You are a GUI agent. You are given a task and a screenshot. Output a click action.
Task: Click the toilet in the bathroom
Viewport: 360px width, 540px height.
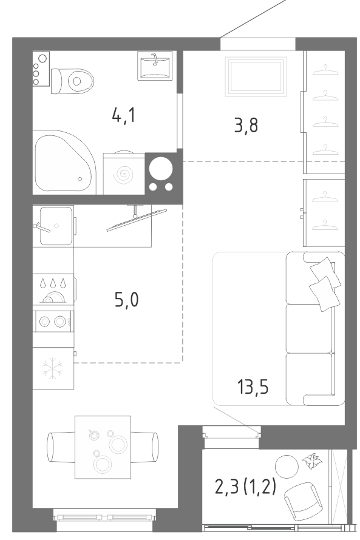pyautogui.click(x=72, y=81)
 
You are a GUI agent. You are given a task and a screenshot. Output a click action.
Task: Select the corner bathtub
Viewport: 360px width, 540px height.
pyautogui.click(x=63, y=162)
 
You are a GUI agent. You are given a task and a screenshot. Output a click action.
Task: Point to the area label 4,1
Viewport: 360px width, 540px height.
pyautogui.click(x=124, y=115)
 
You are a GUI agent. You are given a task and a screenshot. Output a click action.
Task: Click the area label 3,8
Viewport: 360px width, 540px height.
pyautogui.click(x=246, y=125)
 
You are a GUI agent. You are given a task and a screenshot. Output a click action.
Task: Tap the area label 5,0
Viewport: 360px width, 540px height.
pyautogui.click(x=126, y=300)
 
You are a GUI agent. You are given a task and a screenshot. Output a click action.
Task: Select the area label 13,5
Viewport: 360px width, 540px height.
pyautogui.click(x=253, y=386)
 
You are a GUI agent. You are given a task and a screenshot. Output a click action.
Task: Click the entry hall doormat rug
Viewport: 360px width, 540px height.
pyautogui.click(x=256, y=76)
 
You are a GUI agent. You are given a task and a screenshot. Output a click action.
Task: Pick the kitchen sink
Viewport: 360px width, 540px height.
pyautogui.click(x=54, y=226)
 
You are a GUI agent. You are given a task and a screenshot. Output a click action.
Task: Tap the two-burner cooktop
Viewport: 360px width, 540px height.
pyautogui.click(x=53, y=322)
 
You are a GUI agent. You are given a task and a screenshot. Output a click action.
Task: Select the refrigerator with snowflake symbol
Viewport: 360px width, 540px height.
pyautogui.click(x=53, y=368)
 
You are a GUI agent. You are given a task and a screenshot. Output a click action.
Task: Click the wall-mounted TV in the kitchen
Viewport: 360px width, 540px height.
pyautogui.click(x=137, y=220)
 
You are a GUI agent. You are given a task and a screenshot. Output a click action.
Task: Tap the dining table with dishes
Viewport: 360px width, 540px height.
pyautogui.click(x=103, y=447)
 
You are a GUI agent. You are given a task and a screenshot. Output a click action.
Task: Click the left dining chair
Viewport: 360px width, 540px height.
pyautogui.click(x=61, y=447)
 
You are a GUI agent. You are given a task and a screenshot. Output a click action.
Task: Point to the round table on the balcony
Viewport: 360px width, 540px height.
pyautogui.click(x=287, y=467)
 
